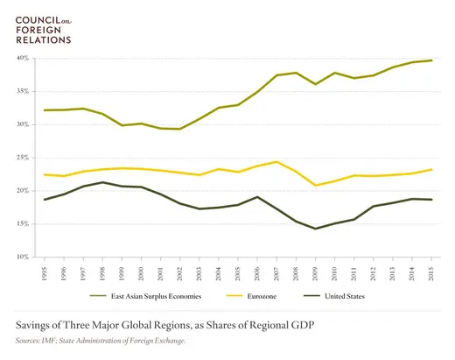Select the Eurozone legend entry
263,295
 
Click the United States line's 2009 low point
315,229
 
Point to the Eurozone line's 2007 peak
276,162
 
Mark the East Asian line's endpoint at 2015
430,60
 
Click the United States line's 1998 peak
103,182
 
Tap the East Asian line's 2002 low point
180,129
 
